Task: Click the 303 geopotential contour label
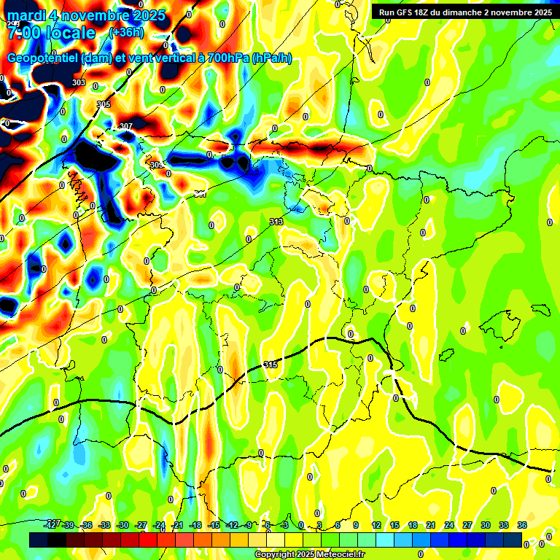[x=79, y=82]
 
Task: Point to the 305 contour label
[x=104, y=104]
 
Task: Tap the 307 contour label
[x=126, y=127]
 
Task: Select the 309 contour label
[x=156, y=166]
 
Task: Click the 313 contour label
[x=276, y=222]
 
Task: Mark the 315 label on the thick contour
[x=271, y=364]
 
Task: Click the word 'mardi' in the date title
[x=28, y=15]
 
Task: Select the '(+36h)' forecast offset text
[x=125, y=32]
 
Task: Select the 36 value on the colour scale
[x=522, y=525]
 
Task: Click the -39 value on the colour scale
[x=69, y=525]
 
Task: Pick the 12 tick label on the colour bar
[x=376, y=525]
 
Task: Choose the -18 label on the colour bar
[x=195, y=525]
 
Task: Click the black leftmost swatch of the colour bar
[x=39, y=540]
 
